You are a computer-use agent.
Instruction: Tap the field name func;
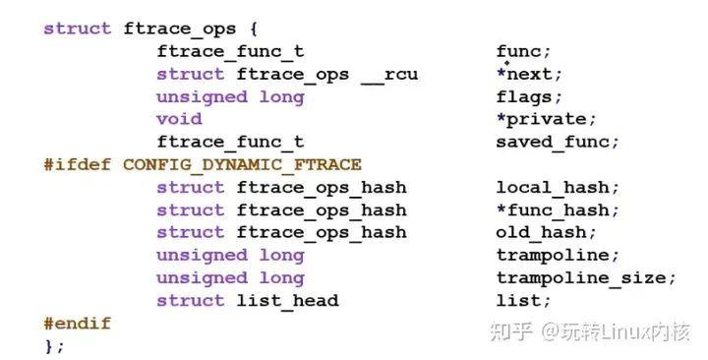[x=524, y=51]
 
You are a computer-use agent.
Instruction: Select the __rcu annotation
[x=390, y=74]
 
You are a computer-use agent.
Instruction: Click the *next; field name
[x=529, y=74]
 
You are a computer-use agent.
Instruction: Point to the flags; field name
[x=529, y=96]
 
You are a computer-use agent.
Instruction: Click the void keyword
[x=179, y=119]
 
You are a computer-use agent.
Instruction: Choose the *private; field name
[x=546, y=119]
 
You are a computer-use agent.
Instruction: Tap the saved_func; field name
[x=558, y=142]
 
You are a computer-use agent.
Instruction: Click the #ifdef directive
[x=78, y=164]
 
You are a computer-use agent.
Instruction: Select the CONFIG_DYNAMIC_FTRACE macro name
[x=242, y=164]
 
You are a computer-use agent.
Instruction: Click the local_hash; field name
[x=558, y=187]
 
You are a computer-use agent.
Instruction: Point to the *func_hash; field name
[x=558, y=210]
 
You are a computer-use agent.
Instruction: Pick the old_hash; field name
[x=546, y=232]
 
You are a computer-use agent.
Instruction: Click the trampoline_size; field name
[x=586, y=277]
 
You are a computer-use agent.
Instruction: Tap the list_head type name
[x=287, y=300]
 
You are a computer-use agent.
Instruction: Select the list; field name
[x=524, y=300]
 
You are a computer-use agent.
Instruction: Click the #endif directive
[x=78, y=323]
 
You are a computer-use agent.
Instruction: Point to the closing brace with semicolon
[x=54, y=345]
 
